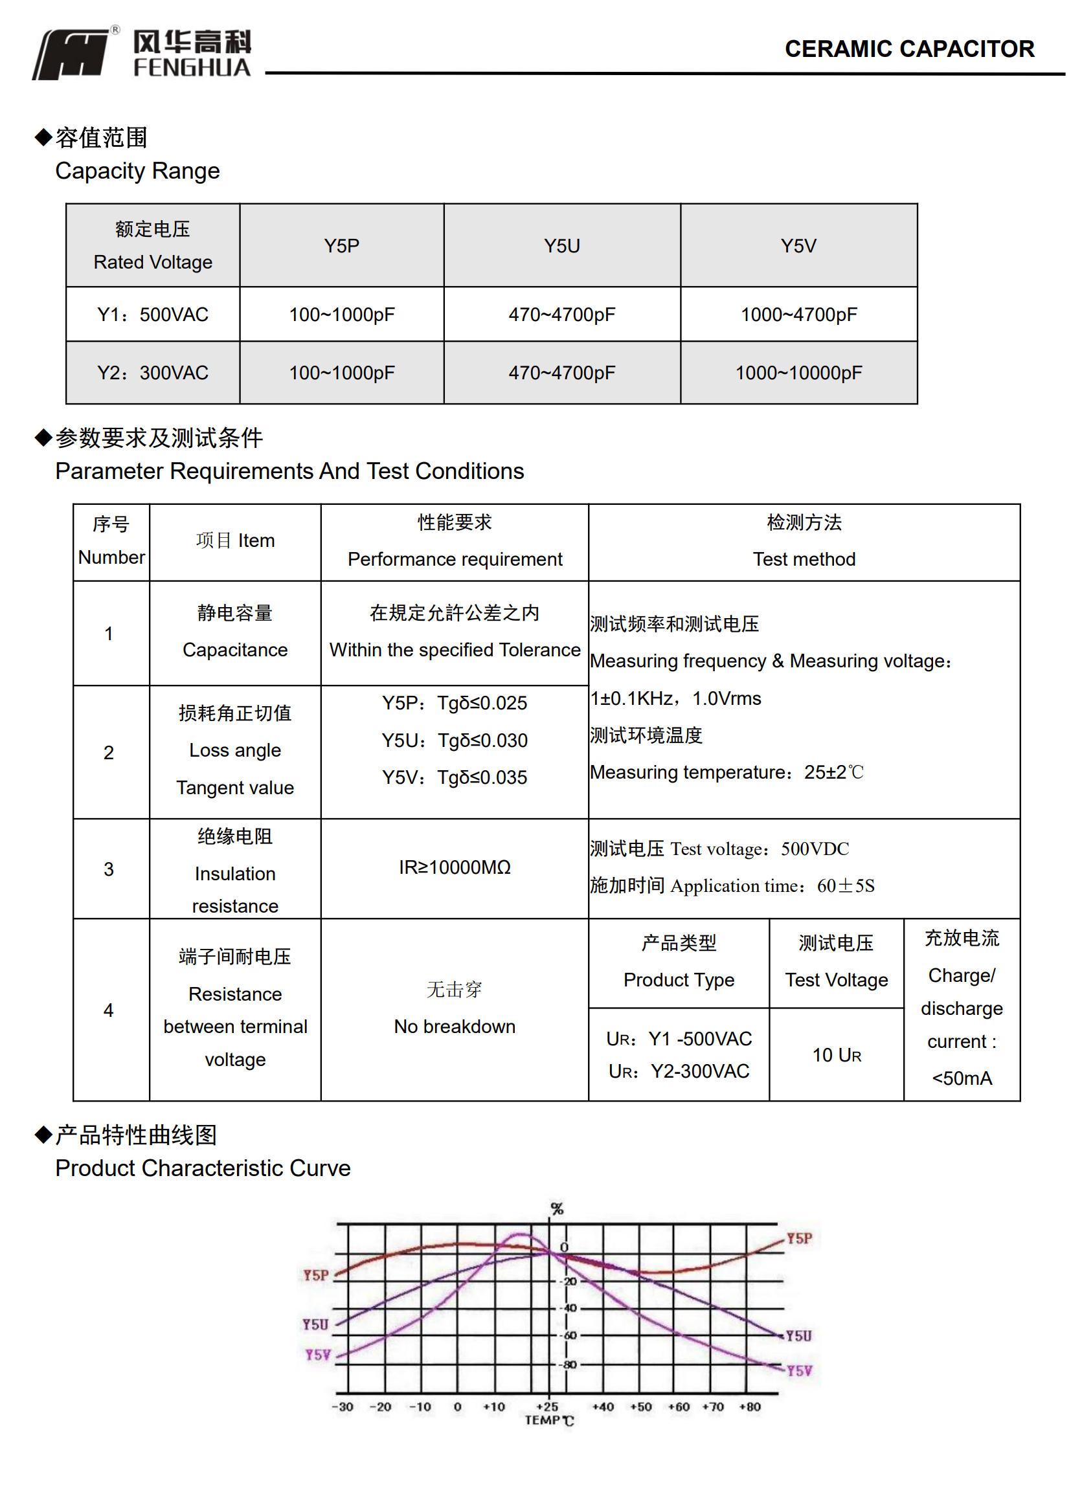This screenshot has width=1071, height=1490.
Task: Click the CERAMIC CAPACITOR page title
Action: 908,49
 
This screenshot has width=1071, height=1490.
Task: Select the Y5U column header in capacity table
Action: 561,246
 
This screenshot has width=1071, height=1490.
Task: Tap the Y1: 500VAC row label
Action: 152,315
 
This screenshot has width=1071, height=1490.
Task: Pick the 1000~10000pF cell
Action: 798,373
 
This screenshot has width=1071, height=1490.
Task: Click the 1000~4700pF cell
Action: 798,315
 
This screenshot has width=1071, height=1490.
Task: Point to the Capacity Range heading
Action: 137,171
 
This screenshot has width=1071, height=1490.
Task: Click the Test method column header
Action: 804,559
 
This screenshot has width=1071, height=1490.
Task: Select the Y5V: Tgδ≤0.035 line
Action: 454,777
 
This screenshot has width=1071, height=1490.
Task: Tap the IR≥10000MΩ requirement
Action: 454,867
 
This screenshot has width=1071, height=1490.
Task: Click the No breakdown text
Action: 454,1026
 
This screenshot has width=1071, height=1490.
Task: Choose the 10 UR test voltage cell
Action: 836,1055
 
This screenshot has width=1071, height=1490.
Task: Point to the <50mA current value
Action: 962,1078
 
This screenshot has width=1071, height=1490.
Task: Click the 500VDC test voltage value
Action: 814,849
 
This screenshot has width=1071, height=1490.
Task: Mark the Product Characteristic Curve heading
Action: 203,1168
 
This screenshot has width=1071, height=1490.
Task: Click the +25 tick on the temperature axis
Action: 547,1407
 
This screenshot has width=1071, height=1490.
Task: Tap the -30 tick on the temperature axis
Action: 343,1407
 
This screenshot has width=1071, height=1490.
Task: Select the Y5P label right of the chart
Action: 799,1238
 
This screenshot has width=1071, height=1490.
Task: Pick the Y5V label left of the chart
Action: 317,1355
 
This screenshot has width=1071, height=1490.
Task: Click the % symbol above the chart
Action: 556,1209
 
